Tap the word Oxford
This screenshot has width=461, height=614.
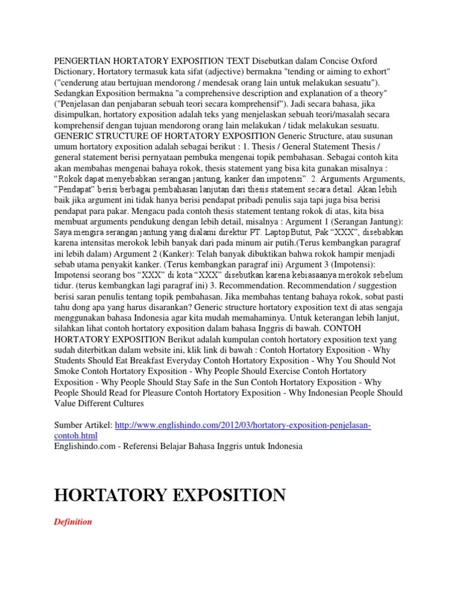376,61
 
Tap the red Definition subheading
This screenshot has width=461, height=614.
73,522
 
